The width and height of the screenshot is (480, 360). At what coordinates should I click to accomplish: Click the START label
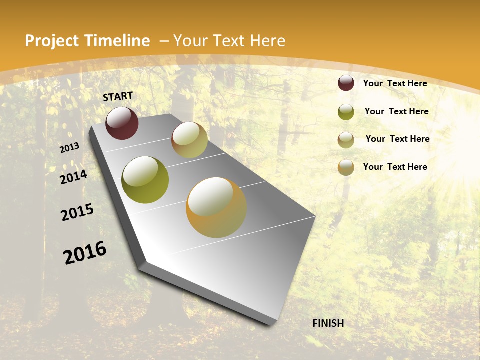tap(118, 96)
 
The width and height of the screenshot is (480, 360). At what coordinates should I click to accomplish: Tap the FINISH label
tap(328, 323)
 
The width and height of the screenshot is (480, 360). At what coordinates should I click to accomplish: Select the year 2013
tap(69, 148)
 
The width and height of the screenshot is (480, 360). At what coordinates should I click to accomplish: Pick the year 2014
tap(73, 177)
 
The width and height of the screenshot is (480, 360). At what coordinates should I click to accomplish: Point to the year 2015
tap(77, 212)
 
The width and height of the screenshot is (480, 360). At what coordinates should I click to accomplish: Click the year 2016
tap(85, 253)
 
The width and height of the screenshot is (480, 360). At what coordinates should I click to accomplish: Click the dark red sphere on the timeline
tap(122, 123)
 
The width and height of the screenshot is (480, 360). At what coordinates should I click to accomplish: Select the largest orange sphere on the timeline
tap(216, 207)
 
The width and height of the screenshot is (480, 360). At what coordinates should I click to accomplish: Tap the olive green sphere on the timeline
tap(145, 180)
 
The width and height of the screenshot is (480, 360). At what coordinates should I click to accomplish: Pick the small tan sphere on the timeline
tap(189, 140)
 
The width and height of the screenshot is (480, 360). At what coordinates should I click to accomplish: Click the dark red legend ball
tap(346, 83)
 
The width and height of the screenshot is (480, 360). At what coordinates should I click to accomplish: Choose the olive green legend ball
tap(346, 112)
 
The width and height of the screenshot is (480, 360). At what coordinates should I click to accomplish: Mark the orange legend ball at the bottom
tap(346, 167)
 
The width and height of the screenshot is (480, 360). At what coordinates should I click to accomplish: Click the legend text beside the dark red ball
tap(395, 83)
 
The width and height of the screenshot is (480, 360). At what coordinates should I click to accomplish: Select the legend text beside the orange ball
tap(395, 167)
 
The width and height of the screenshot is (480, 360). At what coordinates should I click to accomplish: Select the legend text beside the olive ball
tap(396, 111)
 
